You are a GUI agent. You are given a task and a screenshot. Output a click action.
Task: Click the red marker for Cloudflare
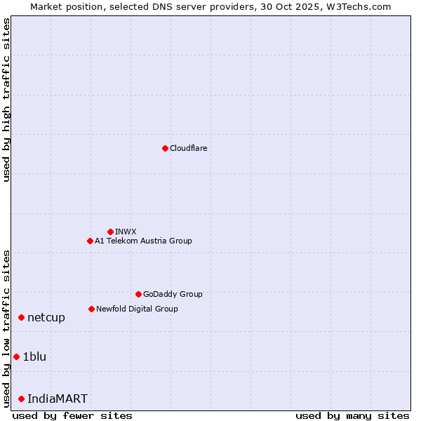165,148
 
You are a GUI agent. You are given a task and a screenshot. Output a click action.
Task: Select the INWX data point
110,232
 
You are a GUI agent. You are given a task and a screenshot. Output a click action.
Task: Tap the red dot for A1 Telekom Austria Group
90,241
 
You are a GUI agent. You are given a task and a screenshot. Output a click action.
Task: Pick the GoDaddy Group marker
138,294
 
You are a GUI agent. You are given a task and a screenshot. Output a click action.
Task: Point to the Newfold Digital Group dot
91,309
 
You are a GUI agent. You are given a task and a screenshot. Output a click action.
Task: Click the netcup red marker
21,318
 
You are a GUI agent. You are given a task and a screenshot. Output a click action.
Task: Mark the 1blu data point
16,357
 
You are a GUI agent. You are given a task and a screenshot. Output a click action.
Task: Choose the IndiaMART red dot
21,399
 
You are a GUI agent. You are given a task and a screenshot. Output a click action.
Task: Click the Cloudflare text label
188,148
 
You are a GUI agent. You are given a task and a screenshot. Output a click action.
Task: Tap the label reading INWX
126,232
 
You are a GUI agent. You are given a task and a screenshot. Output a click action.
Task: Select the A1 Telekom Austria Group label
143,241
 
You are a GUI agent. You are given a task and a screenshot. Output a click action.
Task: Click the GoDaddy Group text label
173,294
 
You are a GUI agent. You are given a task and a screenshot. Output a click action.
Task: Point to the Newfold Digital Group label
137,309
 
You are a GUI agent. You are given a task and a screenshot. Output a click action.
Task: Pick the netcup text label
46,318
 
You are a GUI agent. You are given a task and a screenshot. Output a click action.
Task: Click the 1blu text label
34,357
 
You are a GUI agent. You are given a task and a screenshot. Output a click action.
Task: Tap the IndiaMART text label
58,399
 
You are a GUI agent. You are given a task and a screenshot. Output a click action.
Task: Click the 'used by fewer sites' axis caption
72,415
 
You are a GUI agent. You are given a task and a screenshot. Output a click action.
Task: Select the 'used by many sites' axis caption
352,415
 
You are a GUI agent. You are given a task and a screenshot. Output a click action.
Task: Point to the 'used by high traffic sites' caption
7,100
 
